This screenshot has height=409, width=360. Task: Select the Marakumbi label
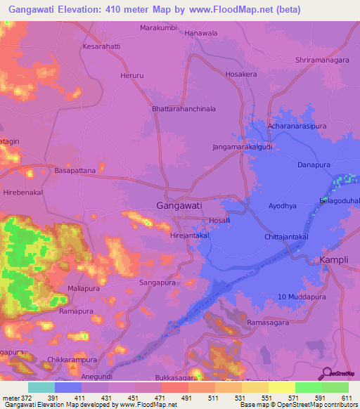[x=158, y=28]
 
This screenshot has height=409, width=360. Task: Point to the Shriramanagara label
[x=322, y=60]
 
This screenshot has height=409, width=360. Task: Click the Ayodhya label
[x=283, y=207]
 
